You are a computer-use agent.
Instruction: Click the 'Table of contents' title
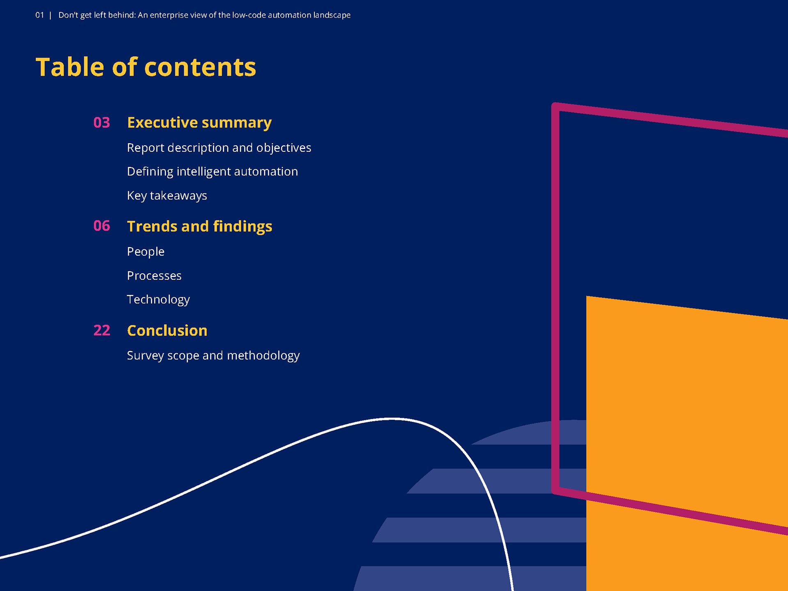click(x=146, y=67)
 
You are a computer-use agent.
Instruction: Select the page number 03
click(x=101, y=122)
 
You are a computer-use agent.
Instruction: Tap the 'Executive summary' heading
click(x=199, y=122)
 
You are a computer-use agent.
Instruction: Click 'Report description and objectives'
click(x=219, y=147)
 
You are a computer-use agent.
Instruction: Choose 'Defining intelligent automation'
click(x=212, y=171)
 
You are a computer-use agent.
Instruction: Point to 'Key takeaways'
click(x=167, y=195)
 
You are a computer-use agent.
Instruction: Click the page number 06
click(x=101, y=226)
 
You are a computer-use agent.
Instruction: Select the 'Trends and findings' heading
click(x=199, y=226)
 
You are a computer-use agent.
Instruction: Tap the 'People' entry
click(x=145, y=251)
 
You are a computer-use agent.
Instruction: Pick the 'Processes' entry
click(x=154, y=275)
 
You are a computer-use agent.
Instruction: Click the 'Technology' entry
click(x=158, y=299)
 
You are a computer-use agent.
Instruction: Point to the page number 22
click(x=101, y=330)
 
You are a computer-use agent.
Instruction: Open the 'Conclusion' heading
click(x=167, y=330)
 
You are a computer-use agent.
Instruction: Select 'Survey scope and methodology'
click(x=213, y=355)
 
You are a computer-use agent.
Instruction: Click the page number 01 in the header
click(x=39, y=15)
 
